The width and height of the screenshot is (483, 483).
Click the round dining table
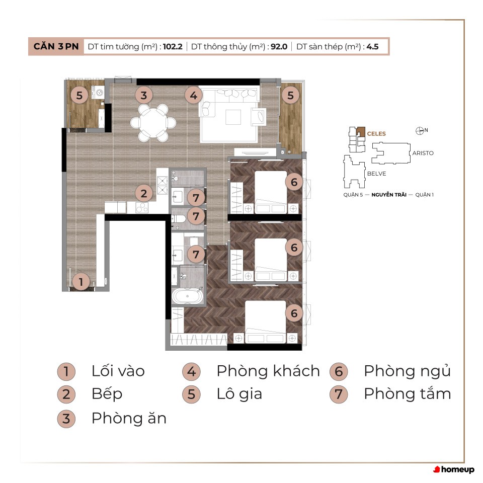tap(153, 123)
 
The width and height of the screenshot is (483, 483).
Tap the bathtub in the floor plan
tap(188, 297)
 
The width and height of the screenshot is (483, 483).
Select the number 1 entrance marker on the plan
tap(81, 282)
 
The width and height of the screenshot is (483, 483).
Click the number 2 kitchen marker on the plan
tap(143, 193)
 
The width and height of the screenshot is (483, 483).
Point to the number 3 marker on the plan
tap(143, 95)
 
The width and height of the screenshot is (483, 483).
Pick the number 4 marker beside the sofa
tap(193, 95)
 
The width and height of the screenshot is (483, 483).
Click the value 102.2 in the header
tap(173, 46)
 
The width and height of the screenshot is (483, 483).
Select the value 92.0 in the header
tap(279, 46)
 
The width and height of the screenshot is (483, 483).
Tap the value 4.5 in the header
tap(372, 46)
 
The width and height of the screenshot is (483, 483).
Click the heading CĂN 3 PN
tap(56, 46)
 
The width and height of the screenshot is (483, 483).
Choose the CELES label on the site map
tap(376, 134)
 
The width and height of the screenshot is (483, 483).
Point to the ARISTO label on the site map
tap(423, 153)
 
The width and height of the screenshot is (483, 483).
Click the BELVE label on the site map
tap(376, 174)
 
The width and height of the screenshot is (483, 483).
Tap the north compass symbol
tap(420, 131)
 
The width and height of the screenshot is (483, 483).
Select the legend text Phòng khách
tap(268, 371)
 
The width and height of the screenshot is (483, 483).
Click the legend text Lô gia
tap(239, 394)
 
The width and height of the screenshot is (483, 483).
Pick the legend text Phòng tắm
tap(407, 393)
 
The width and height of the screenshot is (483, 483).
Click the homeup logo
tap(454, 469)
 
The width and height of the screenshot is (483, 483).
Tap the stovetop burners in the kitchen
tap(142, 208)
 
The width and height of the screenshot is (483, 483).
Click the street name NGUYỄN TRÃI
tap(389, 195)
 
